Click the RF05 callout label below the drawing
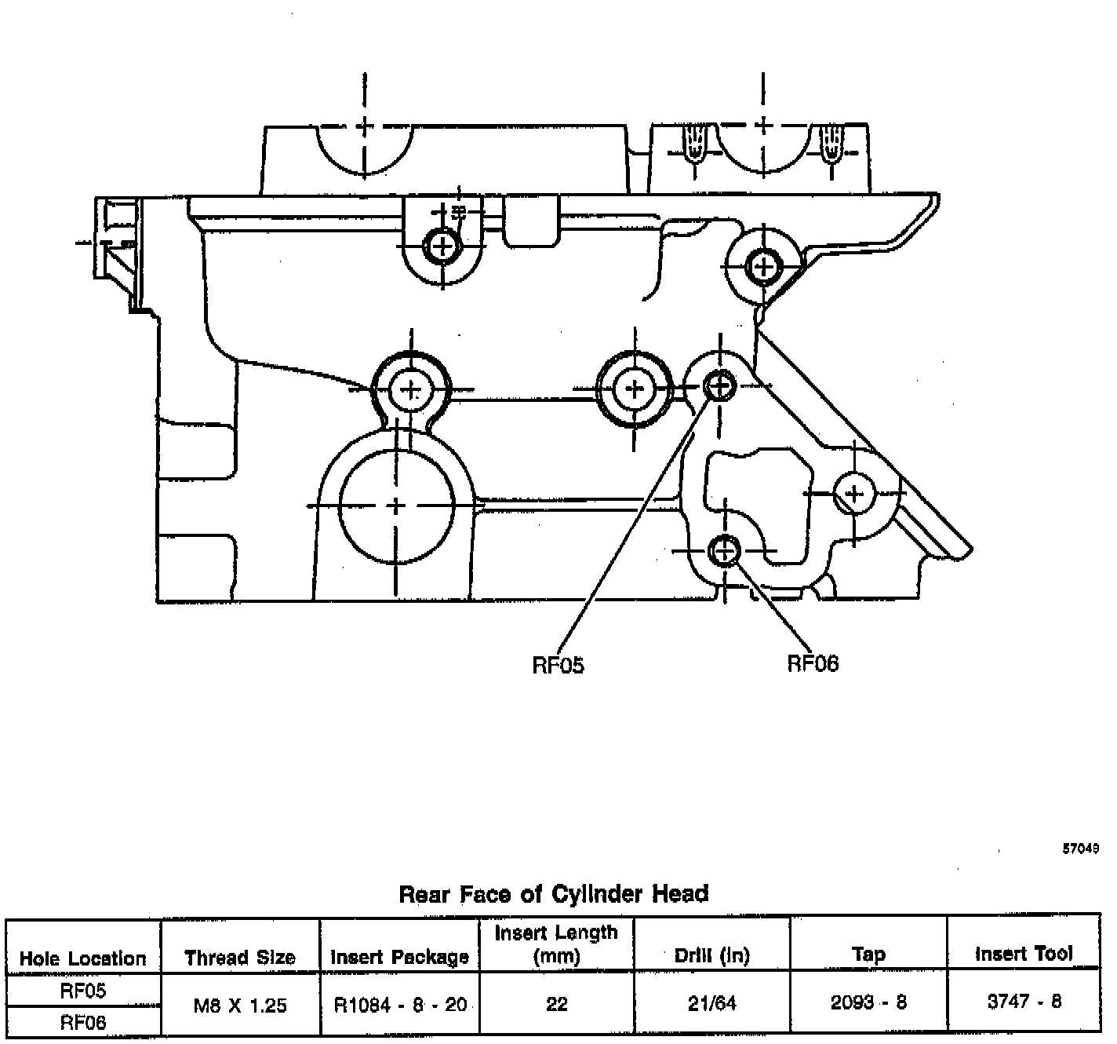point(558,665)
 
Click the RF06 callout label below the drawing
point(813,663)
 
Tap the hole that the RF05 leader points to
point(719,385)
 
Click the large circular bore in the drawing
point(397,506)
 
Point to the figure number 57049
point(1080,849)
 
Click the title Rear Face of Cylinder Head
point(554,893)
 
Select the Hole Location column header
point(83,958)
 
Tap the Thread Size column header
point(240,957)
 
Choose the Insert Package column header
point(399,957)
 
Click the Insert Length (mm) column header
point(556,944)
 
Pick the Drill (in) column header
point(712,955)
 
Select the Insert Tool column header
point(1024,954)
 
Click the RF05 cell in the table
point(83,991)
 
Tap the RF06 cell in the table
point(83,1021)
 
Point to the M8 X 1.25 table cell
point(240,1005)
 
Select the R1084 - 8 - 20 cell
point(400,1005)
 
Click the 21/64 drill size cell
point(712,1003)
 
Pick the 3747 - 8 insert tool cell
point(1024,1002)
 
